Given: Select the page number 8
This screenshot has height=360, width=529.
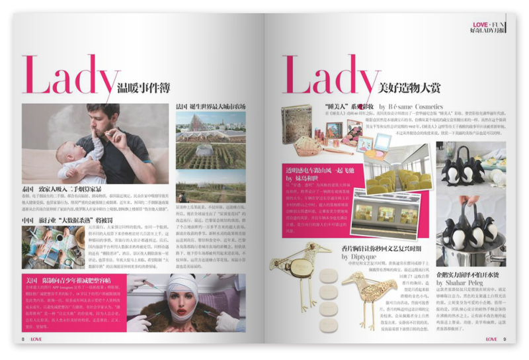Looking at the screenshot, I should coord(23,339).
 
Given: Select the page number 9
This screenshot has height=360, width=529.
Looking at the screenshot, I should coord(505,339).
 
